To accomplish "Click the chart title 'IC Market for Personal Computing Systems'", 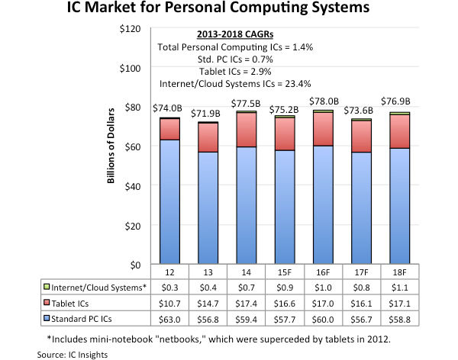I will (229, 11).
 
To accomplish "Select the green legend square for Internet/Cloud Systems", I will (48, 287).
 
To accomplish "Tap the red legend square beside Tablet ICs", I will (48, 301).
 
